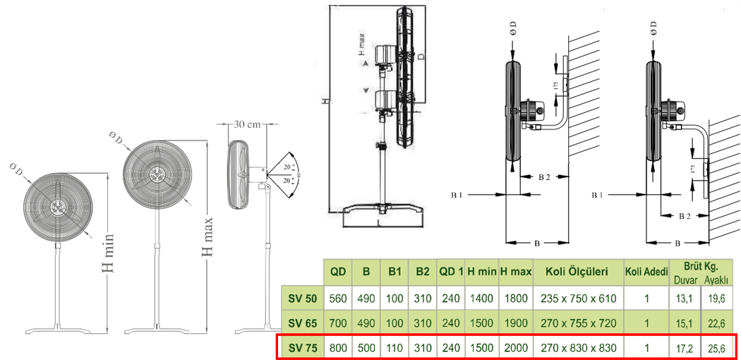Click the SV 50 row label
(x=302, y=298)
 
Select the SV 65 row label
(x=302, y=323)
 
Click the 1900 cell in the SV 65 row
(x=515, y=323)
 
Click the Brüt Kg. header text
(x=700, y=266)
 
